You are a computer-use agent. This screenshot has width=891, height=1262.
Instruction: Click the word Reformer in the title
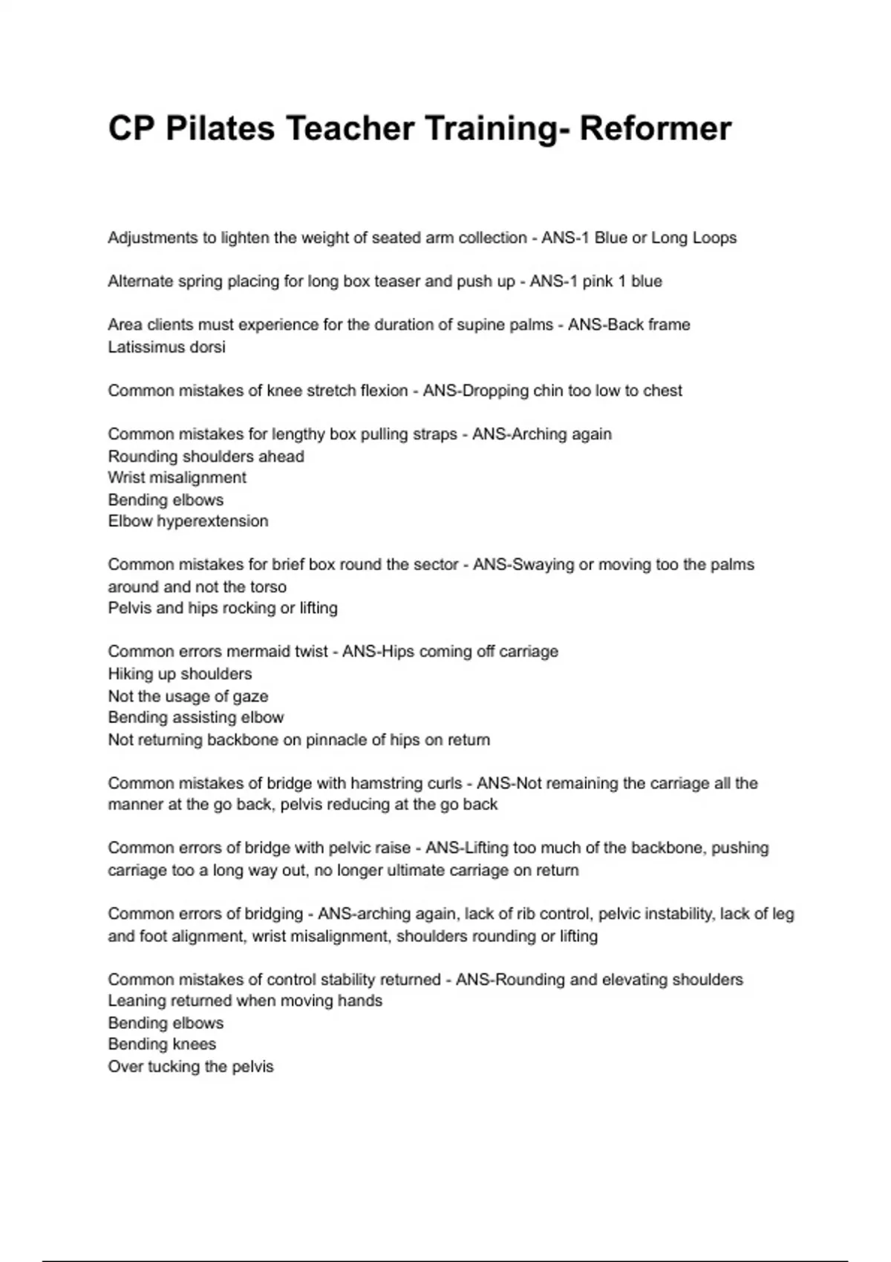click(x=655, y=128)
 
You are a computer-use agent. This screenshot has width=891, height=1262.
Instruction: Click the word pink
click(x=598, y=281)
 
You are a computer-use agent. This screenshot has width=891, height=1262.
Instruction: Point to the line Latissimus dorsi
click(x=166, y=347)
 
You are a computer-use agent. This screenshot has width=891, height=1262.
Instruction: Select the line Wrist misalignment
click(x=177, y=477)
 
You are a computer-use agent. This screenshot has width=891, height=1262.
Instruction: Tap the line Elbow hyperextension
click(x=188, y=521)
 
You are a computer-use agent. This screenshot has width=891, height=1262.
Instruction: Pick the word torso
click(x=267, y=586)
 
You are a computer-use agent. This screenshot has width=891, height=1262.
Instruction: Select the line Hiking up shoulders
click(x=180, y=674)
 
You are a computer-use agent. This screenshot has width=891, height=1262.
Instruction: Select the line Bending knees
click(x=162, y=1044)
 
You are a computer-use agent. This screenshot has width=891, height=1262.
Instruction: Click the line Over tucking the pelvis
click(x=191, y=1067)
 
